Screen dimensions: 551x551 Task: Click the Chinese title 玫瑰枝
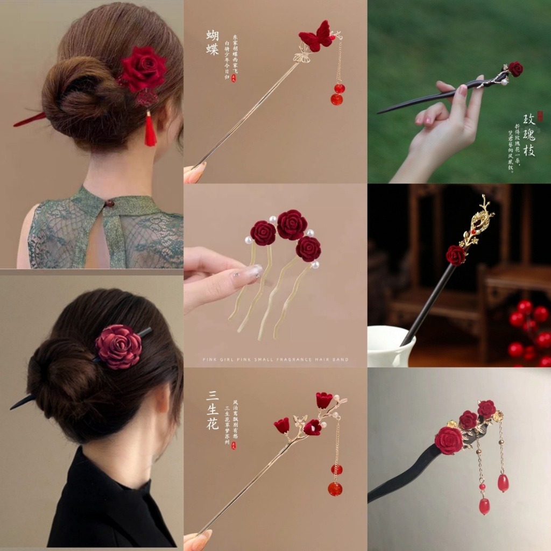(x=529, y=135)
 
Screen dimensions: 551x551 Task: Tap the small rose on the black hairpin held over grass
(x=515, y=69)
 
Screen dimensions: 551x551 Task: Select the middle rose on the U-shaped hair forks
(x=292, y=225)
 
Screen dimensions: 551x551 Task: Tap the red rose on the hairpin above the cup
(x=456, y=255)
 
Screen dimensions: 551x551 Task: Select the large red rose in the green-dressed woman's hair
(x=143, y=69)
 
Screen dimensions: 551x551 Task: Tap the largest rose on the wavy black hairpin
(x=449, y=440)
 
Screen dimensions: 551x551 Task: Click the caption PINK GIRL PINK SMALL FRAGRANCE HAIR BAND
(x=275, y=359)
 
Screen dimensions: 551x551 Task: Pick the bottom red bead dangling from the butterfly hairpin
(x=336, y=99)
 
